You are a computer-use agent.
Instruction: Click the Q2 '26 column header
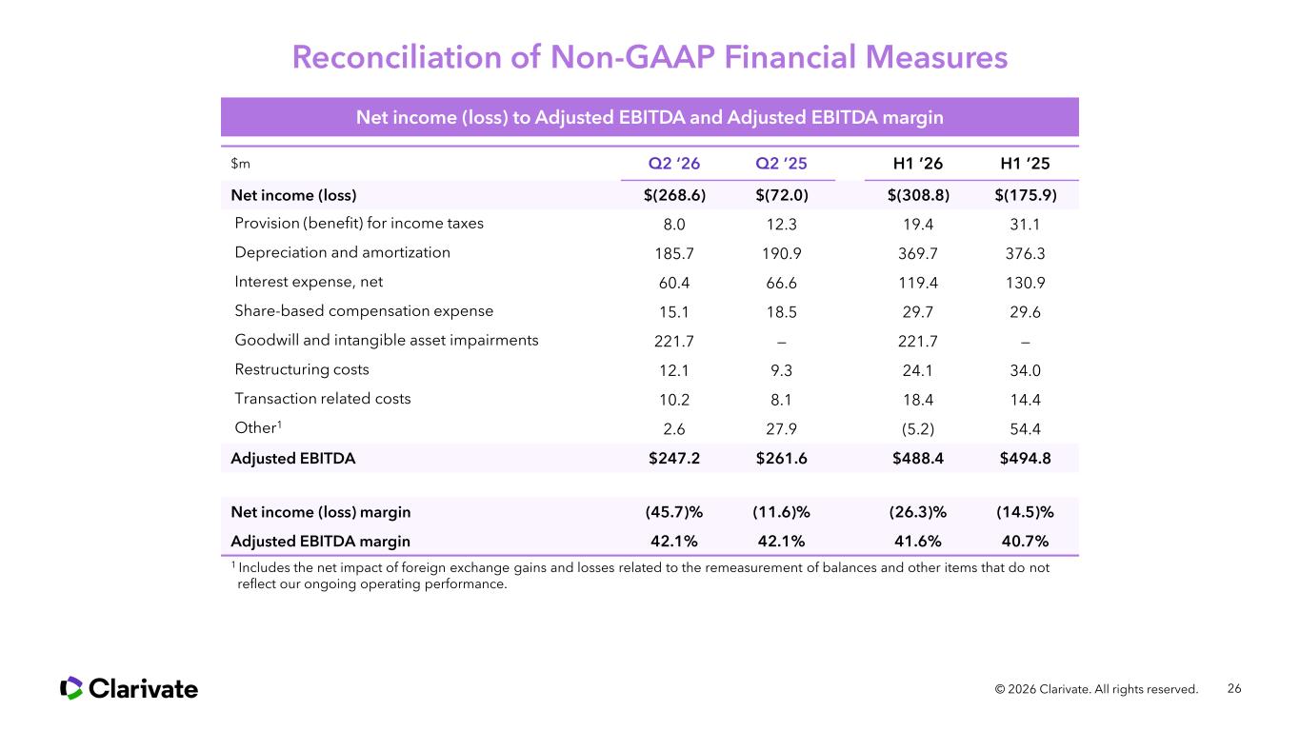673,164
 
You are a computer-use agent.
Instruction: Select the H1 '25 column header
1025,164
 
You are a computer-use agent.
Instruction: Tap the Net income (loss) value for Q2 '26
674,195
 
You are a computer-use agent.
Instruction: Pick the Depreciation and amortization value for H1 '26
917,253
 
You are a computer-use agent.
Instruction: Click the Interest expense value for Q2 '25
781,283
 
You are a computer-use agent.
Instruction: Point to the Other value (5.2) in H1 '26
917,429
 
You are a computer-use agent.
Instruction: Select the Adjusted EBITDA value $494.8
1025,459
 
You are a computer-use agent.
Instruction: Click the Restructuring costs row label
302,369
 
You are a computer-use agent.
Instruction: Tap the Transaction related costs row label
323,399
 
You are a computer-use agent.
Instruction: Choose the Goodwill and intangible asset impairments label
387,341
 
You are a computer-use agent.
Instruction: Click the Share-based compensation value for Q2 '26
673,312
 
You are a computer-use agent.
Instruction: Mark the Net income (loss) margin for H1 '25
1025,512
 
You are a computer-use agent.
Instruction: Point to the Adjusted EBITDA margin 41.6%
917,542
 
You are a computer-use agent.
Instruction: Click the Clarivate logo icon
71,688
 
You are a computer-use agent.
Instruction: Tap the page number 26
1234,689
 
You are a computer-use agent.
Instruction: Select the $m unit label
240,164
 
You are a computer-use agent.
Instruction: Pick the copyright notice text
1096,689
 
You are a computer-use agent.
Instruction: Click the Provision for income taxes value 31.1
1025,225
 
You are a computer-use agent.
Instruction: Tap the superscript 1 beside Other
279,425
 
